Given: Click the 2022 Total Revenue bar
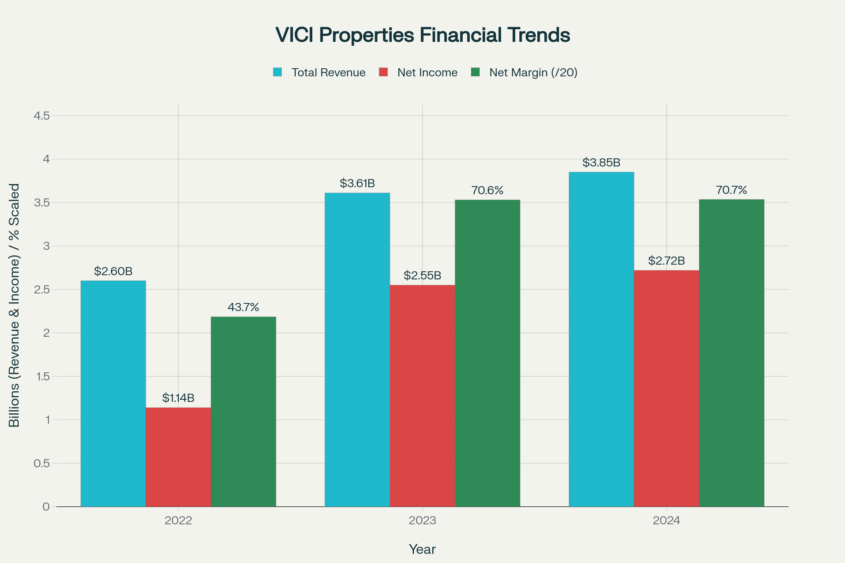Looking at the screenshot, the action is [x=113, y=393].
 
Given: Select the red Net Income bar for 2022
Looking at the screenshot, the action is [x=178, y=457].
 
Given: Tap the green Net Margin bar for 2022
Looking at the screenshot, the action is [x=243, y=411].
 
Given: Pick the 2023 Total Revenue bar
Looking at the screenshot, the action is [x=357, y=350].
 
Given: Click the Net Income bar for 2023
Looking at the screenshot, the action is [x=422, y=396].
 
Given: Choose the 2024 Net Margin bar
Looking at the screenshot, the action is [x=732, y=353].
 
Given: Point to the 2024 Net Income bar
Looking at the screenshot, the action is [x=666, y=388].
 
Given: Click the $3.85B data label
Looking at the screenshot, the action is [x=601, y=163].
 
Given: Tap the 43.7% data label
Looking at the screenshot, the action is [x=243, y=307].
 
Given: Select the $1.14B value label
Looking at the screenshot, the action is [x=178, y=398].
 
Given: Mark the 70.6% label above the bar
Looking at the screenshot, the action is [x=487, y=190].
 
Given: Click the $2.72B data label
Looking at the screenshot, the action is [x=666, y=261].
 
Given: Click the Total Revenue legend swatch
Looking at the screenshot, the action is [x=277, y=72].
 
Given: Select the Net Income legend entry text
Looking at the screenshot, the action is [x=427, y=72].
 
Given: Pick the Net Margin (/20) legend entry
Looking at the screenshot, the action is [x=524, y=72].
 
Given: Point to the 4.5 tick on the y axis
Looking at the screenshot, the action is [x=42, y=116].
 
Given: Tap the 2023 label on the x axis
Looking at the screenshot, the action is [x=422, y=521].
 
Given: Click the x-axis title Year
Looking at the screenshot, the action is [x=422, y=549].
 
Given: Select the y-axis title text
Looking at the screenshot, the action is [x=14, y=305].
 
